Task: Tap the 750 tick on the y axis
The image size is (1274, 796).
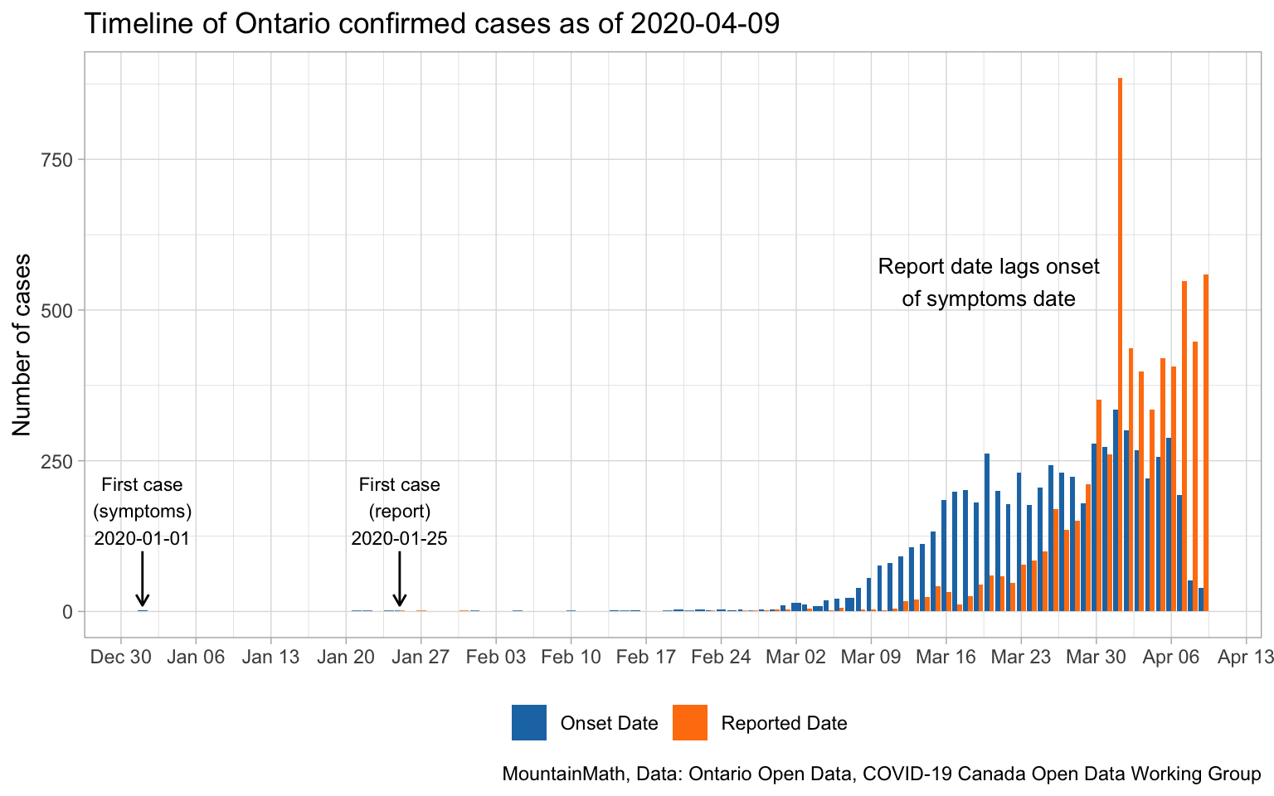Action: (x=57, y=160)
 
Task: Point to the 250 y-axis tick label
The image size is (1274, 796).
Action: (x=57, y=461)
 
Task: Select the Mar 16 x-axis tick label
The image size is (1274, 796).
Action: (x=946, y=658)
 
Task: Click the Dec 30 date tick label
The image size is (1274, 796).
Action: (x=121, y=658)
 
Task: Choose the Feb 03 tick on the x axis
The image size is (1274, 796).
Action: (x=496, y=658)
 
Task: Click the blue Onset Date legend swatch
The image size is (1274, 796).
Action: (x=529, y=722)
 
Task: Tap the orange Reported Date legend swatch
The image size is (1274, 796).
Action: (x=690, y=722)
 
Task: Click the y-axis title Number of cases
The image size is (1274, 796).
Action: (x=22, y=344)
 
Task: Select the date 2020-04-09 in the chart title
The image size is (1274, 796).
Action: (x=705, y=24)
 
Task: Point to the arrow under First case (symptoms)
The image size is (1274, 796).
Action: (x=142, y=579)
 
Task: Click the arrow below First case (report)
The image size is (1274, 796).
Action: (x=400, y=579)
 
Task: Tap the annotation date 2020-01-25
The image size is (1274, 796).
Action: (x=399, y=538)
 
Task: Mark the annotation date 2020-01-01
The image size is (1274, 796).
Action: (x=142, y=538)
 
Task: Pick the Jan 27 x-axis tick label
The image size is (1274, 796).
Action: (x=421, y=658)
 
